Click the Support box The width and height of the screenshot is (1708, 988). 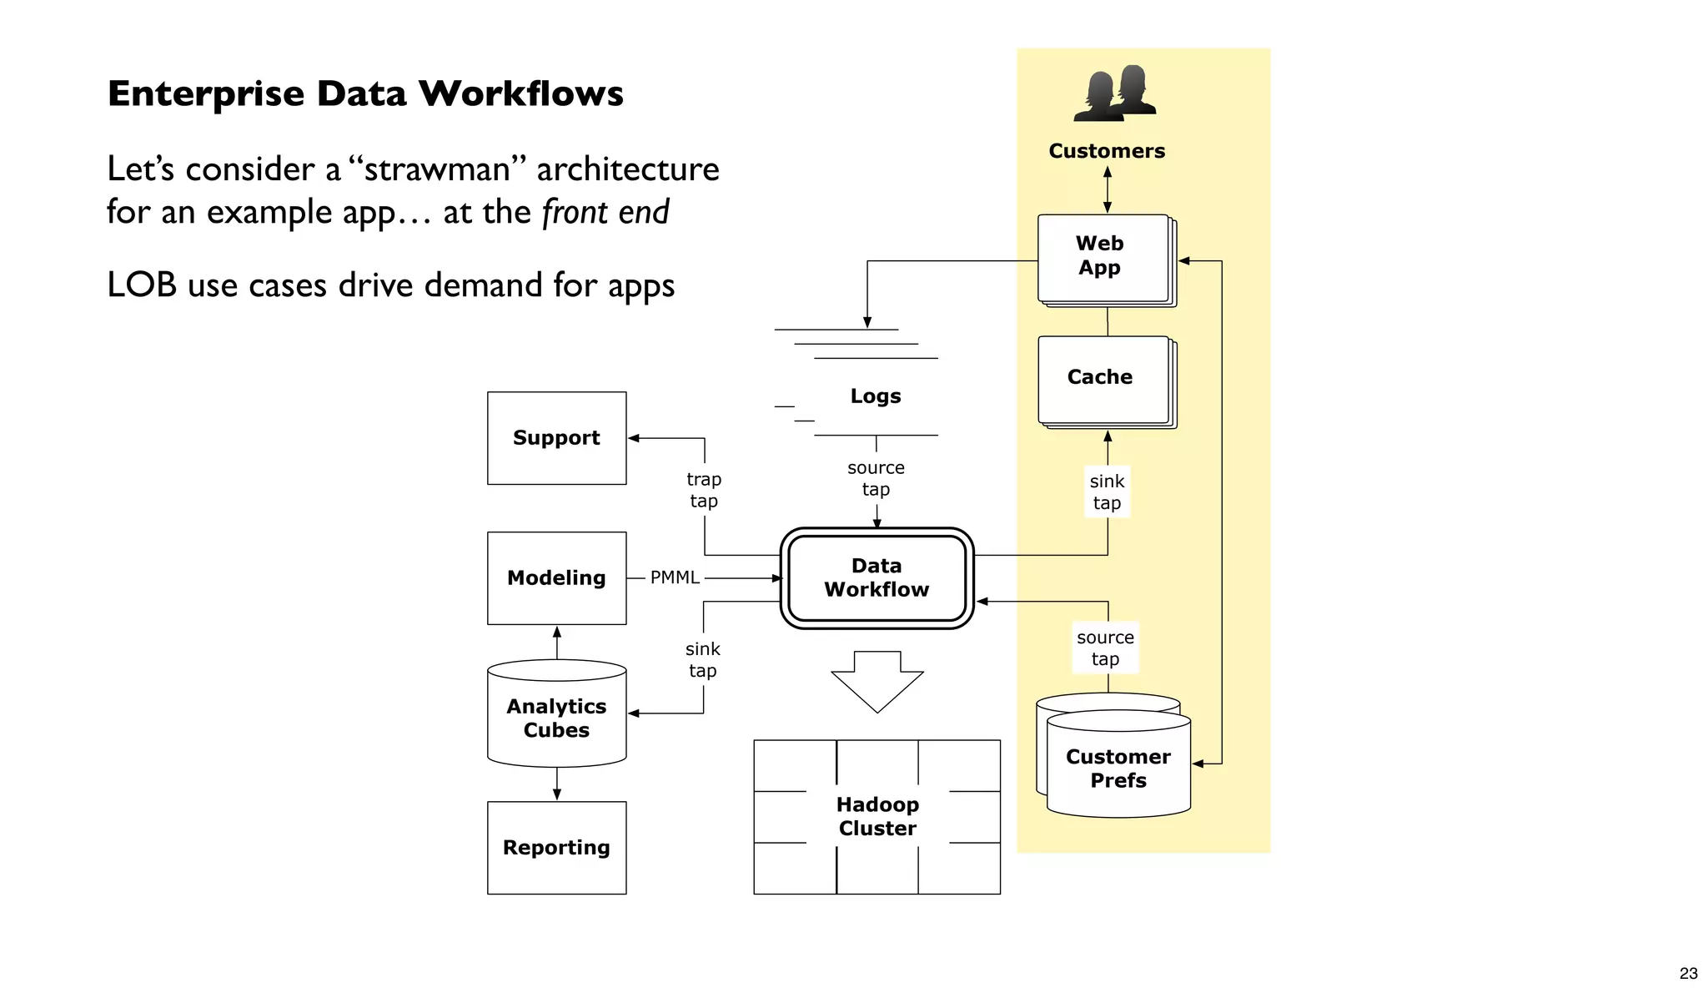click(556, 438)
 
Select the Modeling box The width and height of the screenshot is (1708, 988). click(556, 577)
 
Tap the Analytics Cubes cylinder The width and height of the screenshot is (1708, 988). click(556, 718)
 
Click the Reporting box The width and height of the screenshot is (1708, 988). click(556, 847)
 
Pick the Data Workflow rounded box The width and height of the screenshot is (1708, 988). click(877, 577)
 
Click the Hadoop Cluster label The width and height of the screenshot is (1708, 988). click(877, 816)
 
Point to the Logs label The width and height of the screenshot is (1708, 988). click(876, 396)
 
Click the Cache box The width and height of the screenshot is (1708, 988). click(1101, 377)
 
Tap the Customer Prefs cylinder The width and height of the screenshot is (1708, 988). click(1118, 768)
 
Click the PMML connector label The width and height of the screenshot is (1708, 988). click(675, 577)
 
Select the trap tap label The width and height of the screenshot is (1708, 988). click(704, 490)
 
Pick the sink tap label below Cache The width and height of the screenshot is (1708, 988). click(1107, 491)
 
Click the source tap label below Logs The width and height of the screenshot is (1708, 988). click(876, 478)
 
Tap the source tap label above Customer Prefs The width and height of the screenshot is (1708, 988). click(1105, 648)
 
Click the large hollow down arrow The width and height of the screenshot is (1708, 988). click(877, 681)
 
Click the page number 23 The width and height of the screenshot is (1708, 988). click(1688, 973)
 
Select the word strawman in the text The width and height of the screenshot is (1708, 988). click(437, 169)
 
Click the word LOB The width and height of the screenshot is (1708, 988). click(142, 285)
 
